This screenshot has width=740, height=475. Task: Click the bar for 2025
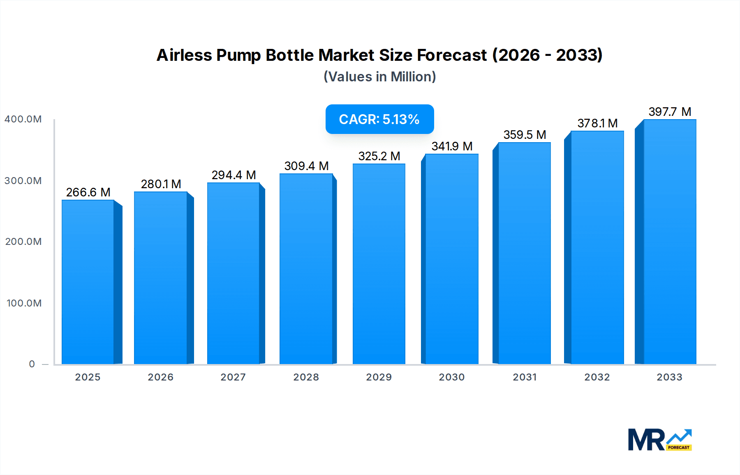pos(88,282)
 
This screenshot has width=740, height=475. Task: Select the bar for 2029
pos(379,264)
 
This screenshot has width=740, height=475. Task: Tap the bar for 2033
pos(670,242)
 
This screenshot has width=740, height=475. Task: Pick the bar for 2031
pos(524,253)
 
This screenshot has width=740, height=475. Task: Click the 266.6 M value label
pos(88,192)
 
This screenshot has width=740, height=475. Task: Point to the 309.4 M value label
pos(306,166)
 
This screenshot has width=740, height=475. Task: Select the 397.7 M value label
pos(670,112)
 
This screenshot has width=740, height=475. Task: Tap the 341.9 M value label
pos(452,146)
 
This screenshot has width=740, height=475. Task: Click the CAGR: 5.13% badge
pos(379,119)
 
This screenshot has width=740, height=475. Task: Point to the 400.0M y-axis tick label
pos(23,119)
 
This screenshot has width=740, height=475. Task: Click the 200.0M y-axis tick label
pos(23,242)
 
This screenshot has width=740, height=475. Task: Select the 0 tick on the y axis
pos(32,364)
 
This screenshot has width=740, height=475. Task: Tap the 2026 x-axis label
pos(160,377)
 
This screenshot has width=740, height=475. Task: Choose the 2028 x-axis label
pos(306,377)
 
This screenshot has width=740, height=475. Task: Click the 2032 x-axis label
pos(597,377)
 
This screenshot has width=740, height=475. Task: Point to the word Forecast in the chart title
pos(452,55)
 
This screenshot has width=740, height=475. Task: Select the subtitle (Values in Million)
pos(379,77)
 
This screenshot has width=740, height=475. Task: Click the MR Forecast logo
pos(659,440)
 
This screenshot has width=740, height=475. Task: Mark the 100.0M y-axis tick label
pos(24,303)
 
